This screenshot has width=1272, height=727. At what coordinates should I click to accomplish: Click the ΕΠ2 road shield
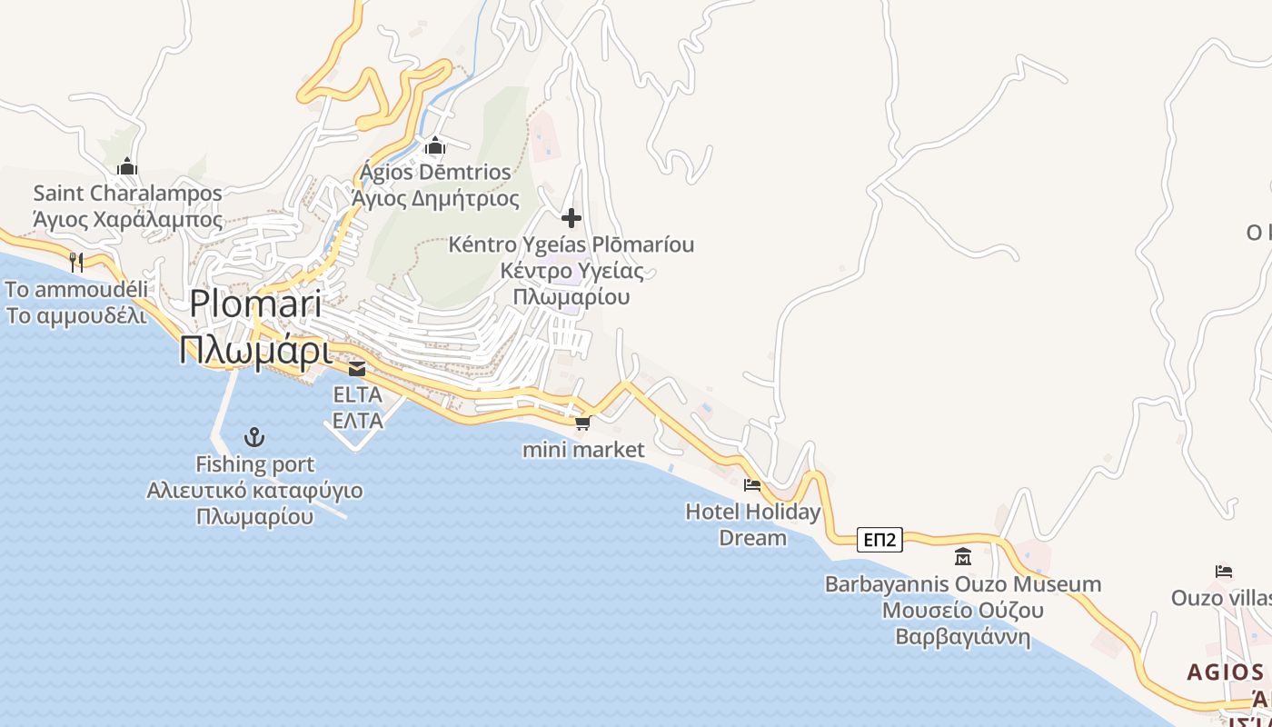(x=879, y=541)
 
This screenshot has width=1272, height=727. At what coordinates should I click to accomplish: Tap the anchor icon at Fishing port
(x=255, y=438)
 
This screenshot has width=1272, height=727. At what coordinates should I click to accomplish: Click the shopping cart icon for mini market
(x=582, y=423)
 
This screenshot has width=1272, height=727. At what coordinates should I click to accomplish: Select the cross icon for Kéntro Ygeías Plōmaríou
(x=571, y=218)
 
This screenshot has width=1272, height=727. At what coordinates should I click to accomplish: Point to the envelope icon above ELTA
(x=357, y=369)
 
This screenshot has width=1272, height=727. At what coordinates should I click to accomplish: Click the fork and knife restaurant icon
(x=76, y=263)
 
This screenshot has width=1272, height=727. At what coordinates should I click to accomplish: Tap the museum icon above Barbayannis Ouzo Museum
(x=963, y=556)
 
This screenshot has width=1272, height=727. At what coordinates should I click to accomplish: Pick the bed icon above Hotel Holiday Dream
(x=752, y=485)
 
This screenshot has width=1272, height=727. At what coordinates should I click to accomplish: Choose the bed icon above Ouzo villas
(x=1224, y=572)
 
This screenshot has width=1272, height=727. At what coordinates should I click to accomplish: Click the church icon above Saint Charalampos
(x=127, y=166)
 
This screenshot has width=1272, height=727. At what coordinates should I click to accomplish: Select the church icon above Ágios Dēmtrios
(x=435, y=145)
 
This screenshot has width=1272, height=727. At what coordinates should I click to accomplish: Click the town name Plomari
(x=256, y=304)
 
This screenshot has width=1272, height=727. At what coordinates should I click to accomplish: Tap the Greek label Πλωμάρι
(x=255, y=351)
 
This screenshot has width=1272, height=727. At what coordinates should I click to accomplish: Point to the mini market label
(x=583, y=449)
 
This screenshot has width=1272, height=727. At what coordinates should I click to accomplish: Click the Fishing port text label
(x=255, y=464)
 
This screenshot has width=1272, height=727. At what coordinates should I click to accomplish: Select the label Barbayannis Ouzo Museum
(x=963, y=583)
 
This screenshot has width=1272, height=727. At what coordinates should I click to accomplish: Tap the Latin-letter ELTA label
(x=357, y=395)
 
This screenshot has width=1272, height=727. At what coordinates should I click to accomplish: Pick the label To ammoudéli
(x=76, y=289)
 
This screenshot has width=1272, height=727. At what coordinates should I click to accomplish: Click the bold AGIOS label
(x=1226, y=672)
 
